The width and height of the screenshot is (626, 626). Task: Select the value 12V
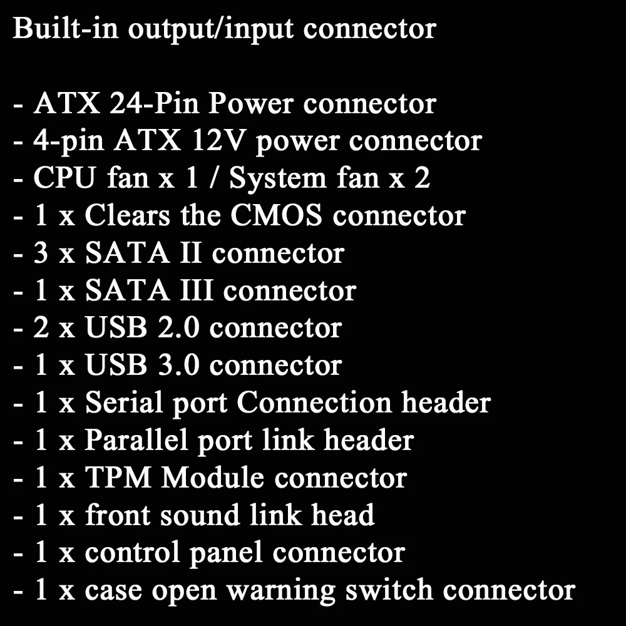215,141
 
